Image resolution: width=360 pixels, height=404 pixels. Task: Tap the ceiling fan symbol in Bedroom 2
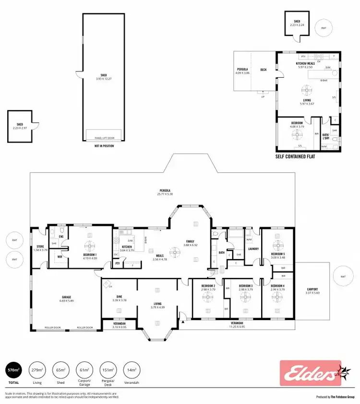208,297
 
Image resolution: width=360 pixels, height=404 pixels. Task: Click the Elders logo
310,373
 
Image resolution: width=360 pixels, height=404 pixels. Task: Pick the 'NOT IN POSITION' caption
104,146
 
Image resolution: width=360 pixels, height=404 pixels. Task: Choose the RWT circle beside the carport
343,277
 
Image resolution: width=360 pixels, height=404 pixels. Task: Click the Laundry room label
253,249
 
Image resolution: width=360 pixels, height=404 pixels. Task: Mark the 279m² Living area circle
37,370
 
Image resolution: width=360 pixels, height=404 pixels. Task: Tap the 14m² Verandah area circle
131,370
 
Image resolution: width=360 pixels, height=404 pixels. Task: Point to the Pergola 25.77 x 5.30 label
165,192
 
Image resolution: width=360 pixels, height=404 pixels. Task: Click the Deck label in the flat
263,70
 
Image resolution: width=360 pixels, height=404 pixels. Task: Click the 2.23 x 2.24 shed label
297,23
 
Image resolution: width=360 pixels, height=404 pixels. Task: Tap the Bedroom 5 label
278,256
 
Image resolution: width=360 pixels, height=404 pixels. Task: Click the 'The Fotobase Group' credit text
342,397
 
